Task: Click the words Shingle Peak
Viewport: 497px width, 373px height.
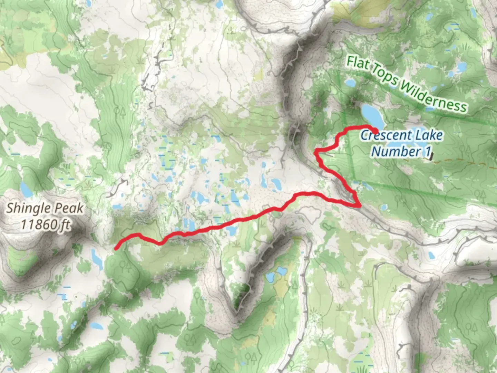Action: pyautogui.click(x=45, y=208)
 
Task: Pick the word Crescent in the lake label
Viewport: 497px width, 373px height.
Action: pyautogui.click(x=380, y=135)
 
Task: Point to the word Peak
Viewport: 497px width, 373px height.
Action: pyautogui.click(x=68, y=208)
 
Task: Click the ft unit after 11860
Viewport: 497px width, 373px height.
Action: pyautogui.click(x=65, y=225)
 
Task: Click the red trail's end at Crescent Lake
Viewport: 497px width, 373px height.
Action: pyautogui.click(x=376, y=130)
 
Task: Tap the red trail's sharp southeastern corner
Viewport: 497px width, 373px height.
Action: pyautogui.click(x=360, y=206)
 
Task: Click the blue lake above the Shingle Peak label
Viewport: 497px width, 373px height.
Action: pyautogui.click(x=25, y=188)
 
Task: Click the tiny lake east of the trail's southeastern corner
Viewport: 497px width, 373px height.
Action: pyautogui.click(x=383, y=208)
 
